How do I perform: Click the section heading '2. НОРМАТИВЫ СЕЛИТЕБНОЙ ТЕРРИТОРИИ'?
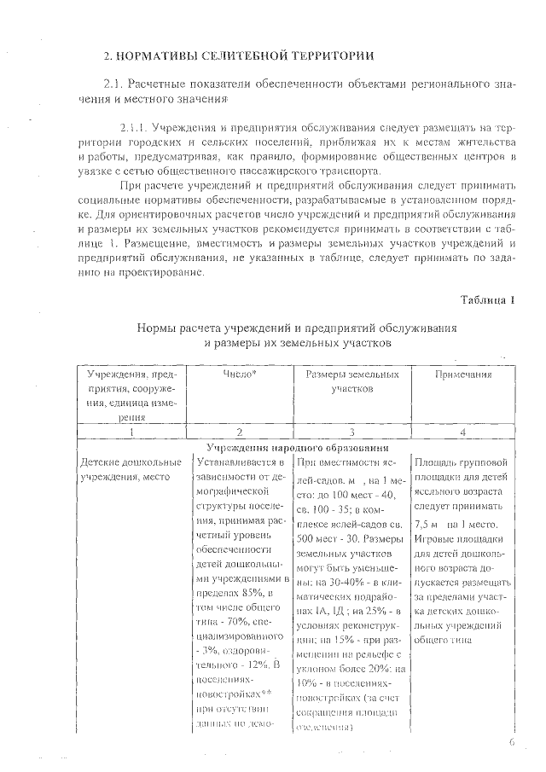[x=238, y=56]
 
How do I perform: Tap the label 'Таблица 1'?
[x=488, y=299]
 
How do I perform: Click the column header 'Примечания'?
[x=462, y=374]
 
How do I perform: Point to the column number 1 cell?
[x=132, y=432]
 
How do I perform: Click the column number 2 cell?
[x=240, y=432]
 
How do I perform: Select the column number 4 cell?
[x=462, y=432]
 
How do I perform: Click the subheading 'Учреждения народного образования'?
[x=299, y=447]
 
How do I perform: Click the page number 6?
[x=512, y=742]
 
